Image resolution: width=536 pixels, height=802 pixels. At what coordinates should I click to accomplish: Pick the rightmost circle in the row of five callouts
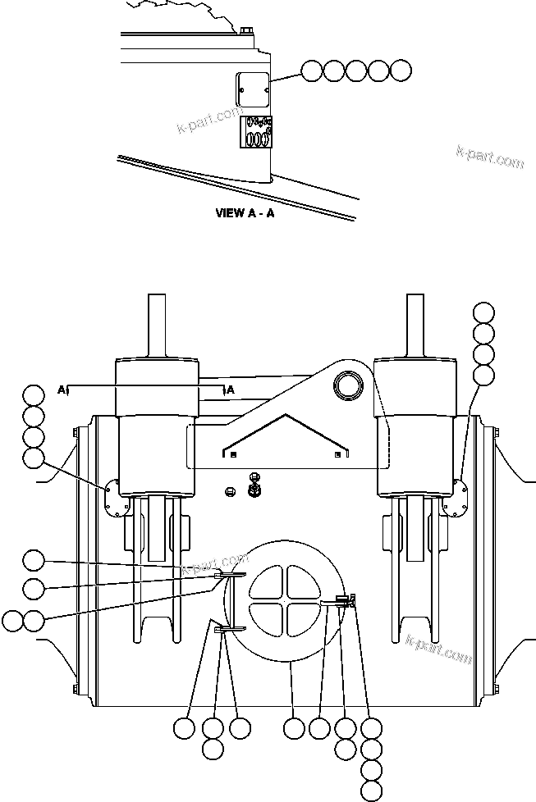400,71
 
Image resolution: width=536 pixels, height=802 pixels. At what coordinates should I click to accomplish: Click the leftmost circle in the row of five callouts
310,71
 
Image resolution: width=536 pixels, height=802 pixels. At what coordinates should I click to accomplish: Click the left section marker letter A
62,390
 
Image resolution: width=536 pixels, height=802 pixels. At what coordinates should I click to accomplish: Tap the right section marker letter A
231,390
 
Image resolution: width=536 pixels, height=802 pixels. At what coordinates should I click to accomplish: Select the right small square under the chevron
337,453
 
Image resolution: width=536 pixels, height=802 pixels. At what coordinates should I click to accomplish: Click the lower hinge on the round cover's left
228,629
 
